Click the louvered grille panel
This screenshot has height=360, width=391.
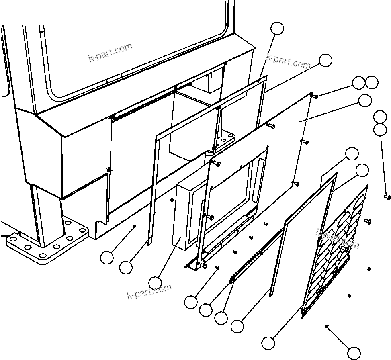(x=338, y=249)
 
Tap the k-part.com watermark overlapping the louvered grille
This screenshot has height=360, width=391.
(x=338, y=239)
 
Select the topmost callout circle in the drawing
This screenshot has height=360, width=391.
(x=277, y=29)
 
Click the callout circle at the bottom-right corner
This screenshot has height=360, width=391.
(x=354, y=353)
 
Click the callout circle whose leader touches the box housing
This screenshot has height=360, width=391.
(x=155, y=283)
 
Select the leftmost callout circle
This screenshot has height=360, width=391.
(x=107, y=258)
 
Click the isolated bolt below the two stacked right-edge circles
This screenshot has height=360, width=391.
(x=387, y=197)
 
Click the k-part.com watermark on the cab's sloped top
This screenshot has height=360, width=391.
(x=110, y=53)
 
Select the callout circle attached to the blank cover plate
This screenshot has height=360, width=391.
(x=365, y=101)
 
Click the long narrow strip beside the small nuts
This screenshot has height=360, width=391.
(x=257, y=253)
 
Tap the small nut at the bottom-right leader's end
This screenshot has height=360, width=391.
(x=328, y=326)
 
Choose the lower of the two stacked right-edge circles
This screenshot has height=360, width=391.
(x=380, y=130)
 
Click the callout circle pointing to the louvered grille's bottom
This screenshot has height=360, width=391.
(x=268, y=343)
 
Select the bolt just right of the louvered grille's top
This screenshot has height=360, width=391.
(x=367, y=221)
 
